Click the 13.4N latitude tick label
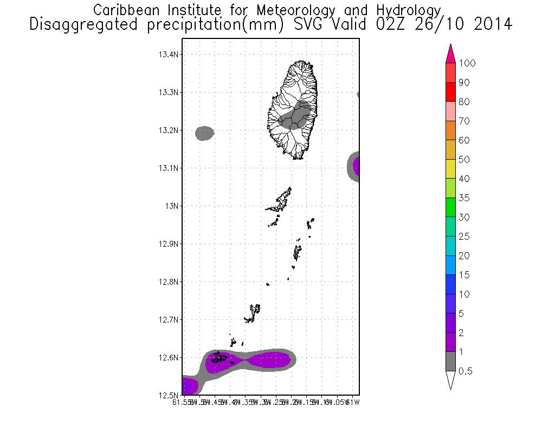coord(169,55)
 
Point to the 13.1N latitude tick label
coord(169,168)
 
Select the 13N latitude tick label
coord(172,206)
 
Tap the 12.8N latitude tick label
coord(169,282)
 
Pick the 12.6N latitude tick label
coord(169,358)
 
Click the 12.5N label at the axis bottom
coord(169,395)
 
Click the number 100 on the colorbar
coord(467,63)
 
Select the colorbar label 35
coord(464,198)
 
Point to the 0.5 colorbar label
coord(466,371)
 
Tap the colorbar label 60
coord(464,141)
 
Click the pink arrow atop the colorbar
coord(449,54)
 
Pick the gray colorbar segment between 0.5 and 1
coord(449,362)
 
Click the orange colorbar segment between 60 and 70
coord(449,131)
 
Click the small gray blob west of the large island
coord(204,133)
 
